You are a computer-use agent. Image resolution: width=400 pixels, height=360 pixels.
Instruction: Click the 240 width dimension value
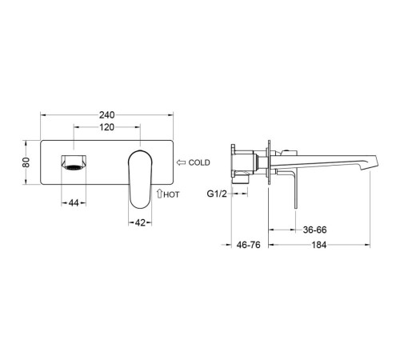tap(107, 115)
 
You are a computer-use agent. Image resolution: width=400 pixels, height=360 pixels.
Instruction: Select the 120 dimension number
tap(106, 127)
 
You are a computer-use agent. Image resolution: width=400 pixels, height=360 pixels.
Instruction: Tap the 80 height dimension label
tap(26, 162)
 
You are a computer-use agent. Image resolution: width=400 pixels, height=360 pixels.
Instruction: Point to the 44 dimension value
tap(74, 203)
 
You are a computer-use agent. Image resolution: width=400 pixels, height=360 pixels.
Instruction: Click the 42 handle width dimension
tap(140, 222)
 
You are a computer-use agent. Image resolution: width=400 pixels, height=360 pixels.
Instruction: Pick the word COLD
tap(199, 162)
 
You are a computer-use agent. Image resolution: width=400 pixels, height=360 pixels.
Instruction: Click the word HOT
tap(171, 194)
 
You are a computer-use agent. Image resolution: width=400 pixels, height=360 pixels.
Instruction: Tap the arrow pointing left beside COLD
tap(182, 162)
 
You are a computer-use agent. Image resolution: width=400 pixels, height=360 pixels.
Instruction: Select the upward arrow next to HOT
tap(159, 194)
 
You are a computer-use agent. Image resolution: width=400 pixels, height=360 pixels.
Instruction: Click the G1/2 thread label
tap(217, 194)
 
